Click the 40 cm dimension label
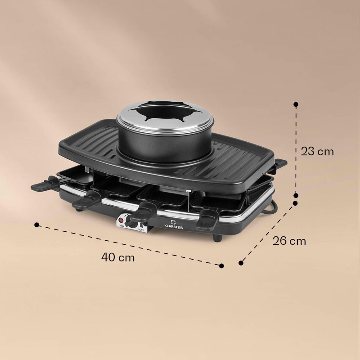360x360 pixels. [x=118, y=257]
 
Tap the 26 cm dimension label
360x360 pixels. [x=289, y=241]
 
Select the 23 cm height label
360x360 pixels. [x=317, y=152]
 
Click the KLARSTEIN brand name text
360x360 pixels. [x=174, y=227]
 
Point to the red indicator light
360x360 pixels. [x=121, y=220]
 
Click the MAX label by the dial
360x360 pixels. [x=141, y=229]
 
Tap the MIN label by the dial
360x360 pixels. [x=121, y=226]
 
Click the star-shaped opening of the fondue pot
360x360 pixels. [x=165, y=112]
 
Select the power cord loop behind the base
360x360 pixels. [x=271, y=208]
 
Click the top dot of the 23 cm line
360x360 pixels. [x=296, y=104]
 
